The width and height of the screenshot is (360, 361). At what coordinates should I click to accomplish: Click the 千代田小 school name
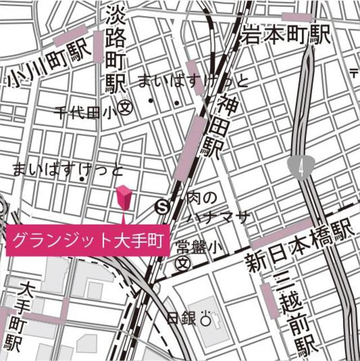(85, 112)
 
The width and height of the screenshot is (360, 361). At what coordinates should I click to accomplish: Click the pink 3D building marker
(125, 197)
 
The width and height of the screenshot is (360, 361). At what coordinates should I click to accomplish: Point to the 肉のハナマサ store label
(212, 207)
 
